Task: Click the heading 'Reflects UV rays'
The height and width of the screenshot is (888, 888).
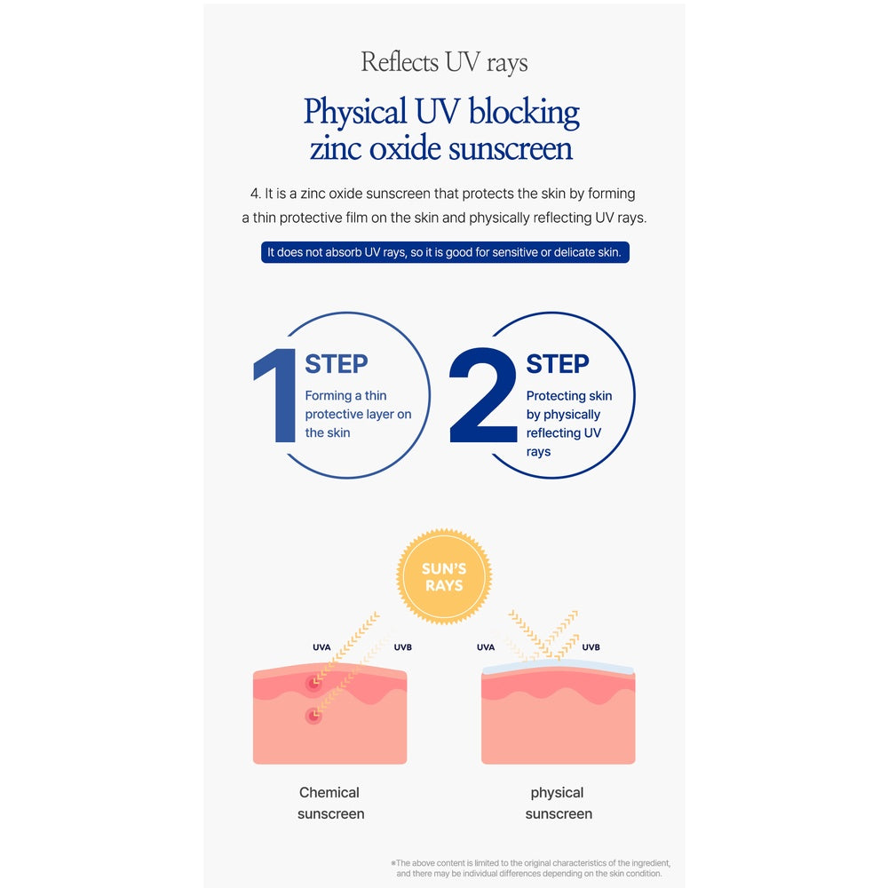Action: pos(444,63)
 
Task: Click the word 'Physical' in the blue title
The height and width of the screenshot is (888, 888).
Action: pos(355,112)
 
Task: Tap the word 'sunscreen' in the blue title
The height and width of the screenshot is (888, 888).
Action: pos(511,149)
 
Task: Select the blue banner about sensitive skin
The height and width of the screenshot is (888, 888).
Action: pos(445,252)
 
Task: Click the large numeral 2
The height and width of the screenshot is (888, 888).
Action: pos(483,395)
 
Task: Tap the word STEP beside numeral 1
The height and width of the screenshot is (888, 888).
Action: pos(337,363)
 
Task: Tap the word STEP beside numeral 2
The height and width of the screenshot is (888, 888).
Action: pos(558,363)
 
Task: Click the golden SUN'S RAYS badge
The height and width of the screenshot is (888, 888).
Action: pos(444,576)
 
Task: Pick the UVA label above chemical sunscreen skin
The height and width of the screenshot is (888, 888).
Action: pos(321,647)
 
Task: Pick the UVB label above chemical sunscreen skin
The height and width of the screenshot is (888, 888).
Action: pos(402,647)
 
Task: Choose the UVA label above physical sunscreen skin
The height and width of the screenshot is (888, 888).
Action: pos(486,647)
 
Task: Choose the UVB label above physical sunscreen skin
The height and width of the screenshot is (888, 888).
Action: pos(591,647)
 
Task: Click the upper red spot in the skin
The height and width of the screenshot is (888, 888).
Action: pos(313,684)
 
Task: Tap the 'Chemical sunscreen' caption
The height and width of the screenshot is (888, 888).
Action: pos(330,803)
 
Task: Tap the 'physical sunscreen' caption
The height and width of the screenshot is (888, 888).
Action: pos(559,803)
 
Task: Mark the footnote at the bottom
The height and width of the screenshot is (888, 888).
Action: pos(531,868)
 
